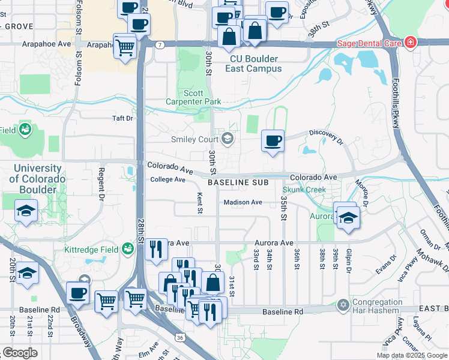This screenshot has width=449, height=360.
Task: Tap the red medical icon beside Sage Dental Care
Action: tap(410, 43)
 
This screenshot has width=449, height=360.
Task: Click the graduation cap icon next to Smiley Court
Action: tap(227, 139)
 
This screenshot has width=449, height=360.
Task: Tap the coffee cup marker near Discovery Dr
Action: tap(273, 141)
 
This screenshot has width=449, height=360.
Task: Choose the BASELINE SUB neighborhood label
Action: tap(237, 181)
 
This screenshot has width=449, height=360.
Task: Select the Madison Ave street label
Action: tap(243, 202)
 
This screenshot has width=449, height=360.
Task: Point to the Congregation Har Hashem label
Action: tap(377, 306)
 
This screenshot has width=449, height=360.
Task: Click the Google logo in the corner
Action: tap(20, 352)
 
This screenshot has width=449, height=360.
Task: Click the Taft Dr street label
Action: tap(122, 118)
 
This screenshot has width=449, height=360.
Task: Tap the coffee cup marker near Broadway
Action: tap(77, 293)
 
